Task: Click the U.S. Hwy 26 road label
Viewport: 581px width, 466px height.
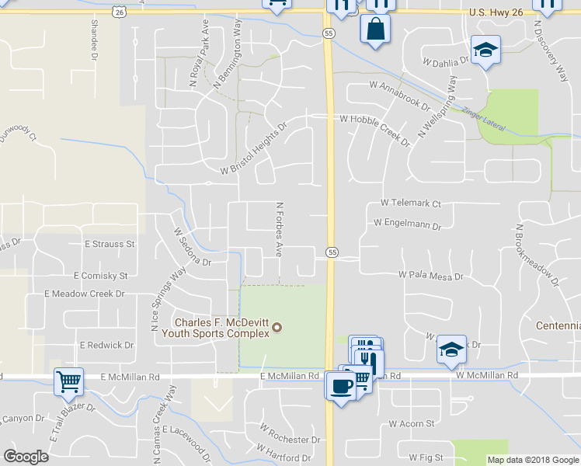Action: coord(499,12)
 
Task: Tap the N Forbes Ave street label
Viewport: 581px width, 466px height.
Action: coord(279,231)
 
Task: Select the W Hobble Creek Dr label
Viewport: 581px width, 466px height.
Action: coord(375,127)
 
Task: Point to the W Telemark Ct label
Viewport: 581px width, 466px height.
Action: coord(411,203)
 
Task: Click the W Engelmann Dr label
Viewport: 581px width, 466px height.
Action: coord(407,223)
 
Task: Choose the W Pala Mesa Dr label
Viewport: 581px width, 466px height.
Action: coord(430,275)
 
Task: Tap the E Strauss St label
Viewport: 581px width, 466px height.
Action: coord(110,244)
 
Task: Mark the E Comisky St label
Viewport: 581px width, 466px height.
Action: coord(100,276)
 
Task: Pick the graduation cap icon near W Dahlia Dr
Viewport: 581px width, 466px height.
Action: coord(486,50)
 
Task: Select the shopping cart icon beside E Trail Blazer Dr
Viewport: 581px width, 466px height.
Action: coord(68,381)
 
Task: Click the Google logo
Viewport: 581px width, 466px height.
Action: coord(26,456)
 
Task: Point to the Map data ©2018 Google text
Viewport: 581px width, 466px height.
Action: coord(532,460)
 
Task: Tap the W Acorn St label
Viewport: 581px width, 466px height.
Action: coord(412,424)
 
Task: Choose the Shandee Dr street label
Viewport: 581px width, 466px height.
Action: coord(94,40)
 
